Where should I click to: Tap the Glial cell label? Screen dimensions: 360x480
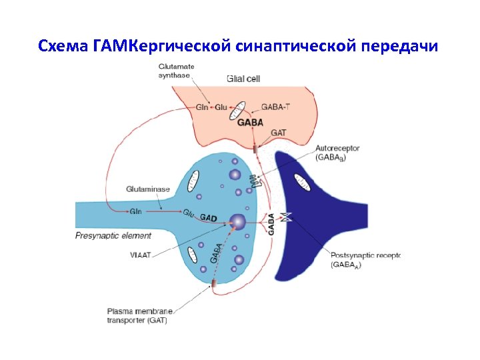[x=244, y=79]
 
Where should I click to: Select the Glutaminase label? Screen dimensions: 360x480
[x=147, y=189]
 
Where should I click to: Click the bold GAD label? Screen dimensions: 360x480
[x=209, y=217]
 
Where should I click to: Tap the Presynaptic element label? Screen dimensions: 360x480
[x=113, y=235]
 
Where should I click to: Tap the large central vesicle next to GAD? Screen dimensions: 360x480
[x=237, y=221]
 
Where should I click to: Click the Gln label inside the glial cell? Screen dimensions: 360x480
[x=202, y=107]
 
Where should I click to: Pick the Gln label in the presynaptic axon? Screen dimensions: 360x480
[x=135, y=212]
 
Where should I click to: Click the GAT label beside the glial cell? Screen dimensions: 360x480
[x=279, y=133]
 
